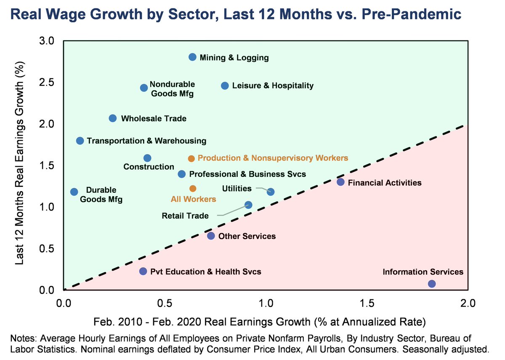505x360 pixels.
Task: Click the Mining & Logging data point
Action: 192,57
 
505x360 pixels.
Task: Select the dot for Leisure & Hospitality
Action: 225,86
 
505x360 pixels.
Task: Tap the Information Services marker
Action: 432,284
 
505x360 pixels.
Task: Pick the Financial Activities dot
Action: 341,182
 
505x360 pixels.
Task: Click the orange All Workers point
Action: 193,188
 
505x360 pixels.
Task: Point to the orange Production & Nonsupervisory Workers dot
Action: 191,159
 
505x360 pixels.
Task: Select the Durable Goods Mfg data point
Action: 74,192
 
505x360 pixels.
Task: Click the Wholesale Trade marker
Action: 113,118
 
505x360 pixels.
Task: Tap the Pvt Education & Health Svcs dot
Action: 143,272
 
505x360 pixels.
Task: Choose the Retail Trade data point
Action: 248,205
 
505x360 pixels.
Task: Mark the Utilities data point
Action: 271,192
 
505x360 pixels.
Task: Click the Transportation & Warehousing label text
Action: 146,141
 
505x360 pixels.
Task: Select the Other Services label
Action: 248,236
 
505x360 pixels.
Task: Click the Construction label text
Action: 143,167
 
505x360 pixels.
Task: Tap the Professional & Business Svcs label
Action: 247,174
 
